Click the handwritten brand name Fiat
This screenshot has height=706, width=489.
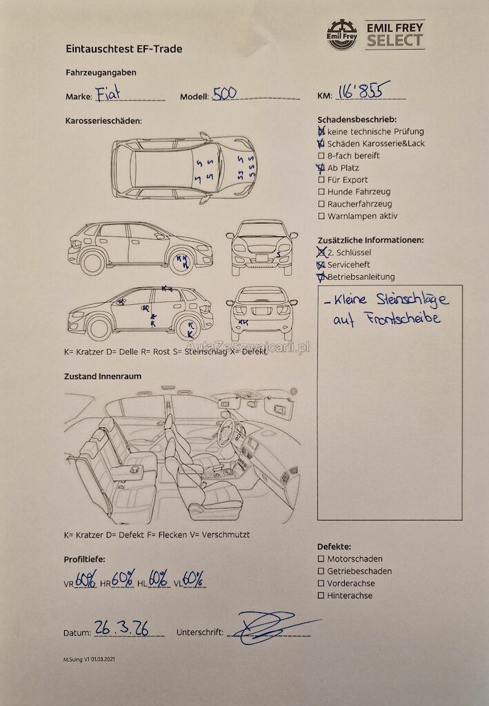(108, 93)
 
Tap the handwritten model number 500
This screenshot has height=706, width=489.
(224, 93)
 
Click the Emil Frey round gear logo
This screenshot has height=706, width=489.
(342, 34)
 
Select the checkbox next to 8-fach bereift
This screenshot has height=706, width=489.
(321, 156)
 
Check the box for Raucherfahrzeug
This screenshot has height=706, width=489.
(321, 204)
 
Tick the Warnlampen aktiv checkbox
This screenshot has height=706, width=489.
(321, 216)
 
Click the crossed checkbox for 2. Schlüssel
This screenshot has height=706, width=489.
(321, 252)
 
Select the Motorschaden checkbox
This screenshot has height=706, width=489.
(321, 558)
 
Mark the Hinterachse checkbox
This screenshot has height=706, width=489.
(321, 595)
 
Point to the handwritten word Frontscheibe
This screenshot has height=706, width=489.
(403, 319)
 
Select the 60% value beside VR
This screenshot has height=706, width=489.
(86, 578)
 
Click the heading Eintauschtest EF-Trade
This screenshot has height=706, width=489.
(124, 49)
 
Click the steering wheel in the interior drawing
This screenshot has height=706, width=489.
(226, 432)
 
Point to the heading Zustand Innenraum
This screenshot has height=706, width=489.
(103, 376)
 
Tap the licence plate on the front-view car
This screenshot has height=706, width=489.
(261, 258)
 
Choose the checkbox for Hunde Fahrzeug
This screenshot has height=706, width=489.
(321, 192)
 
